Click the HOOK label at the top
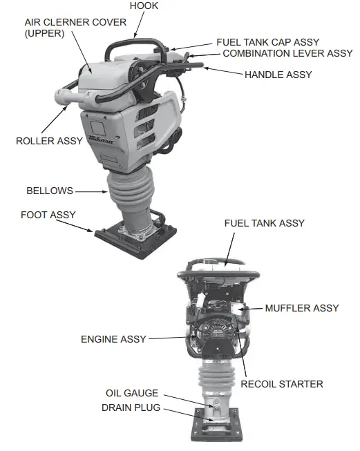point(144,6)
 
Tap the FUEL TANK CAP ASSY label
point(267,42)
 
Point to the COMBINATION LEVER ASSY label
point(287,53)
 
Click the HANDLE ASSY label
point(278,74)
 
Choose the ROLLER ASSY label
point(49,141)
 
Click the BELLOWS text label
point(49,190)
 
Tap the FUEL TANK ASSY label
point(265,223)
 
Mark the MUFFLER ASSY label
point(302,307)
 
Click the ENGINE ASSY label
point(113,339)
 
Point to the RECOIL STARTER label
point(282,383)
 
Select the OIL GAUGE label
point(132,393)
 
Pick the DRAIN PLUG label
point(131,407)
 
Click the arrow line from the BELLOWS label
point(90,191)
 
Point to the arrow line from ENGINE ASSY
point(166,338)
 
